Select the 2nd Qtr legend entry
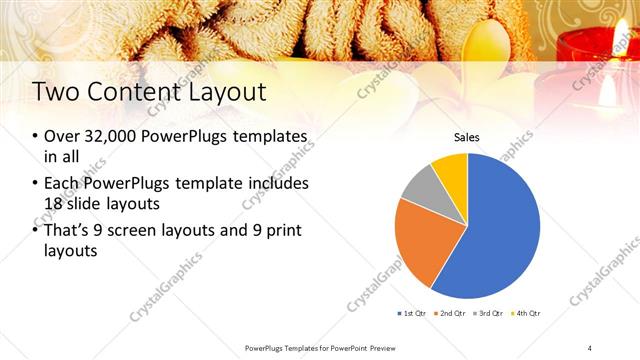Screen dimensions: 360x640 (x=451, y=314)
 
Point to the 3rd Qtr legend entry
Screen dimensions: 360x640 (x=488, y=314)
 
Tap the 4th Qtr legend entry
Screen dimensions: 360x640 (x=525, y=314)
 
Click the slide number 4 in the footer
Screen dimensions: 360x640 (x=590, y=347)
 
